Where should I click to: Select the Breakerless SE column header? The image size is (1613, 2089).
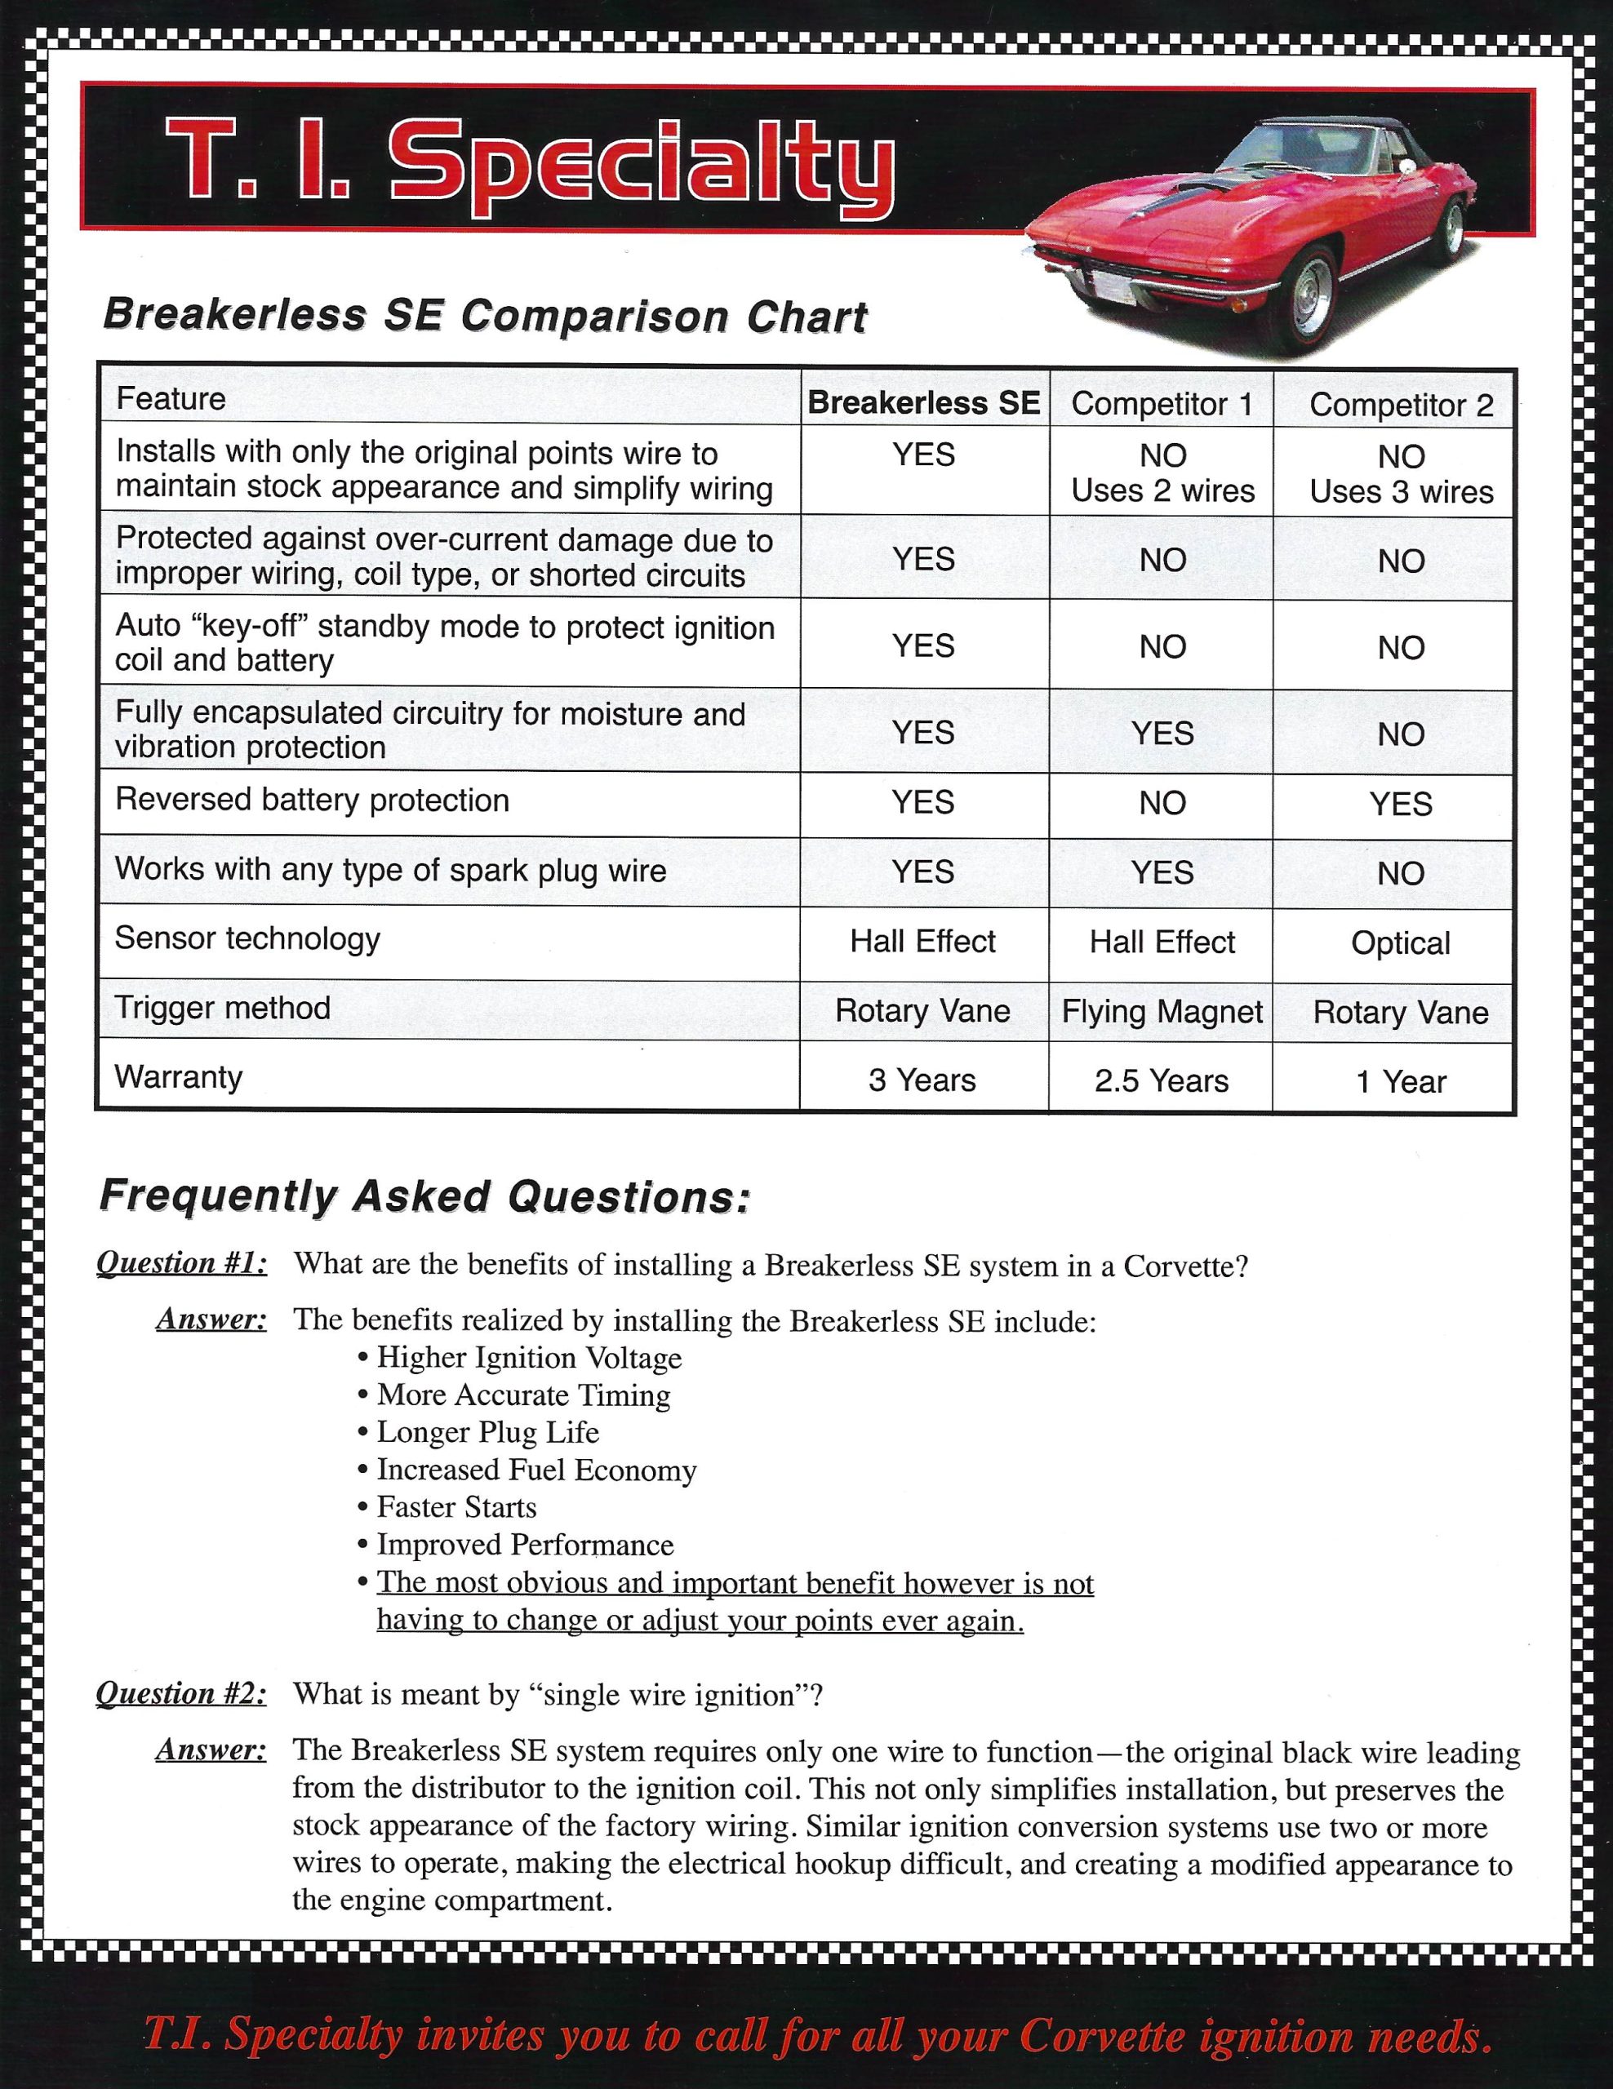923,402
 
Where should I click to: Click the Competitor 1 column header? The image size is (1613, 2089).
1162,404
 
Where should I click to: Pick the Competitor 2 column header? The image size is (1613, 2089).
1401,405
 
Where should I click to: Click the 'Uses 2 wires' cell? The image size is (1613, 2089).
1162,490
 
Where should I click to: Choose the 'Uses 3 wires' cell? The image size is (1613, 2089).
1401,491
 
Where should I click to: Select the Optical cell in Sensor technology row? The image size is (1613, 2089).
1401,943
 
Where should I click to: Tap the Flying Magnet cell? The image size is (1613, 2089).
1162,1011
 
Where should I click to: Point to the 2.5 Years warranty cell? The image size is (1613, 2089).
1162,1081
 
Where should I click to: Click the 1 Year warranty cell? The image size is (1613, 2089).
1401,1082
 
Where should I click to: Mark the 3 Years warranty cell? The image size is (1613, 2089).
922,1080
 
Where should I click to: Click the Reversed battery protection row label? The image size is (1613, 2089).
312,800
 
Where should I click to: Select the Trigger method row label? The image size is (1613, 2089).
223,1007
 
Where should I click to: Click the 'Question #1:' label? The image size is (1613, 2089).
182,1263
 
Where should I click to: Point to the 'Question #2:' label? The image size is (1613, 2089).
182,1694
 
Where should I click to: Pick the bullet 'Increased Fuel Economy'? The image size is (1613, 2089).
535,1470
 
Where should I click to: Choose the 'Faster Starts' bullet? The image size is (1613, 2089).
456,1507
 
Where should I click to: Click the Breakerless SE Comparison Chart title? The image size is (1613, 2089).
484,316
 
